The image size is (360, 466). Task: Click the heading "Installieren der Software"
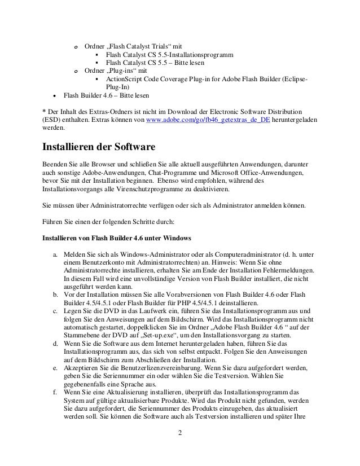point(99,148)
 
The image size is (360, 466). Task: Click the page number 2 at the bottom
point(179,450)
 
